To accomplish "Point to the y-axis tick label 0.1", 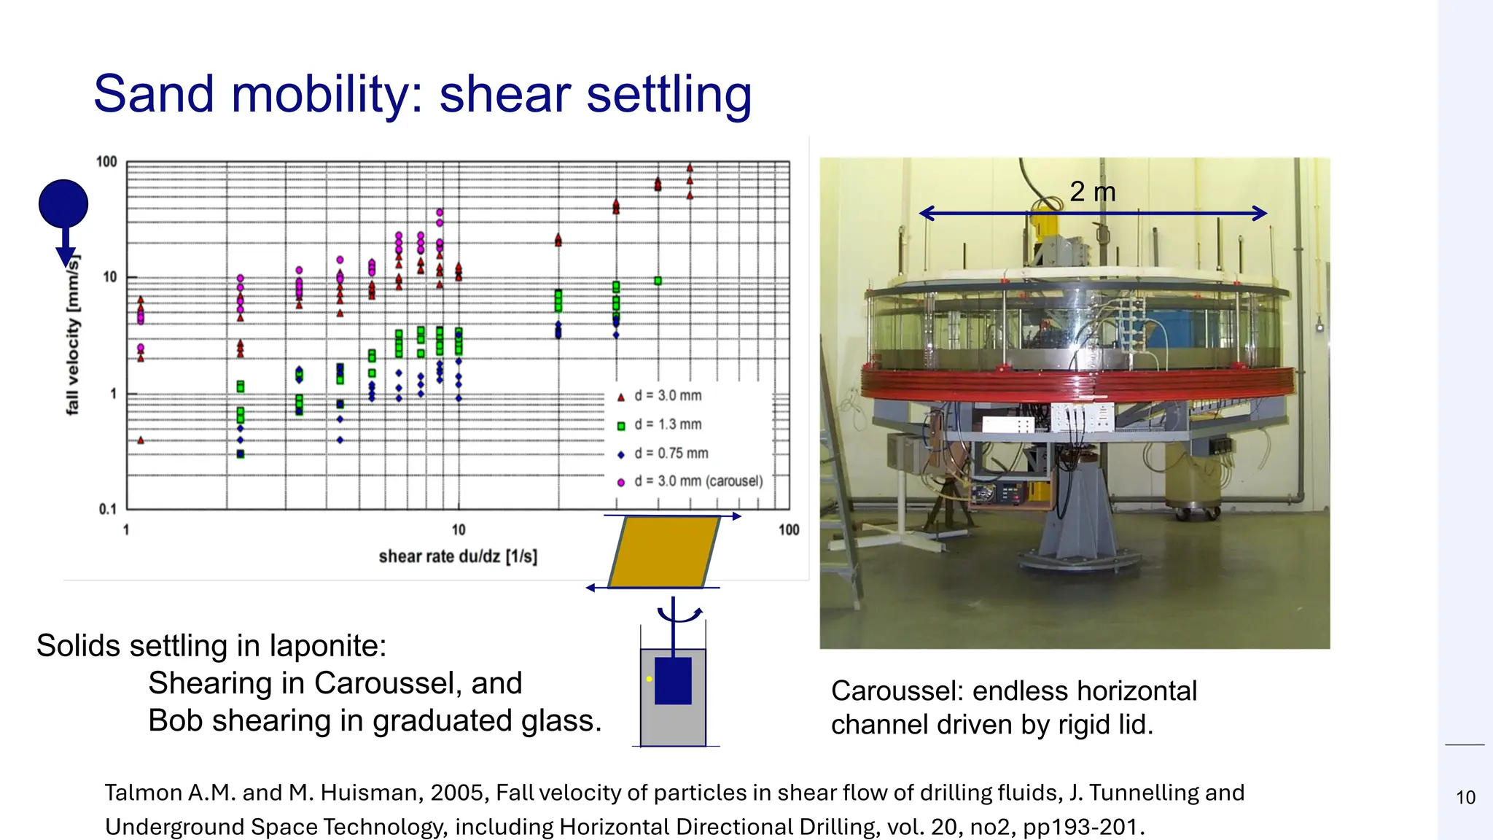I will [107, 509].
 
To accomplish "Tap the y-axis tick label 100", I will [106, 161].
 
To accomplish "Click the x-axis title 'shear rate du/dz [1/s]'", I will [458, 556].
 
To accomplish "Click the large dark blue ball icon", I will [63, 203].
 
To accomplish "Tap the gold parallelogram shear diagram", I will [663, 552].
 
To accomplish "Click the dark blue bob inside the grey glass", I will [673, 681].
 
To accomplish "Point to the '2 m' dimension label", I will [1092, 192].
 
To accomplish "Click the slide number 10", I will [1465, 798].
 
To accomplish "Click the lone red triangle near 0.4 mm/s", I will [141, 440].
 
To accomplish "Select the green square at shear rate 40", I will [658, 281].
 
